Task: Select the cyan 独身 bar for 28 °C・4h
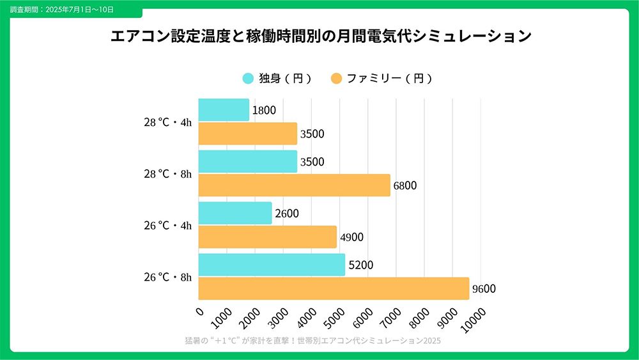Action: (x=224, y=110)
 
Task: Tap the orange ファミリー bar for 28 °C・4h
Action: (x=248, y=134)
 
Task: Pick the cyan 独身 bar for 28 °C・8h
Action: (x=248, y=161)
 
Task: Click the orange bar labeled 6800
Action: (x=294, y=185)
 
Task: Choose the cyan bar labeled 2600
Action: (x=235, y=213)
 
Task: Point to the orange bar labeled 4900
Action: (x=268, y=237)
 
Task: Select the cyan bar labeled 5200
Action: (x=272, y=265)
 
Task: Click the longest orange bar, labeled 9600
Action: (x=334, y=288)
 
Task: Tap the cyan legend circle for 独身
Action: (x=248, y=79)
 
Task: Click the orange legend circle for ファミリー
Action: (x=336, y=79)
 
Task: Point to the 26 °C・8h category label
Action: (x=167, y=278)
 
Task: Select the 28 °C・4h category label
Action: (x=167, y=122)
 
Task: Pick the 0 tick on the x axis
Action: (x=200, y=311)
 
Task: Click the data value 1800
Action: (x=264, y=110)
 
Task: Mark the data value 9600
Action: (x=484, y=289)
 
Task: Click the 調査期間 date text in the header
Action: (x=62, y=10)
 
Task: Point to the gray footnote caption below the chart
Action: (x=312, y=341)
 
